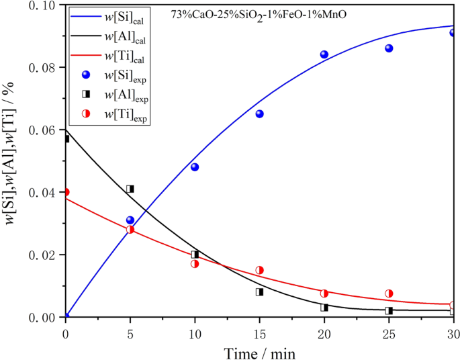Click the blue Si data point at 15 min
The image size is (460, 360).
point(259,114)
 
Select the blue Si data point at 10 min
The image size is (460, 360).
point(195,167)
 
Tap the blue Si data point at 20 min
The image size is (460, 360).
point(324,55)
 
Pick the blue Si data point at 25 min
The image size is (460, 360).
point(389,48)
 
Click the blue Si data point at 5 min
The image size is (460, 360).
point(130,220)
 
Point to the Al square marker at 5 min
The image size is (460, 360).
point(130,189)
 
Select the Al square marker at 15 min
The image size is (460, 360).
point(259,292)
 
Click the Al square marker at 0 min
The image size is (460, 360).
point(66,139)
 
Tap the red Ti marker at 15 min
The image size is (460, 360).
point(259,270)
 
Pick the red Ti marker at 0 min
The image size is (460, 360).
point(66,192)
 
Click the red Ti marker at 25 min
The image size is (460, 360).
point(389,294)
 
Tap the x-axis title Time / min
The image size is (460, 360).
point(260,351)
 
